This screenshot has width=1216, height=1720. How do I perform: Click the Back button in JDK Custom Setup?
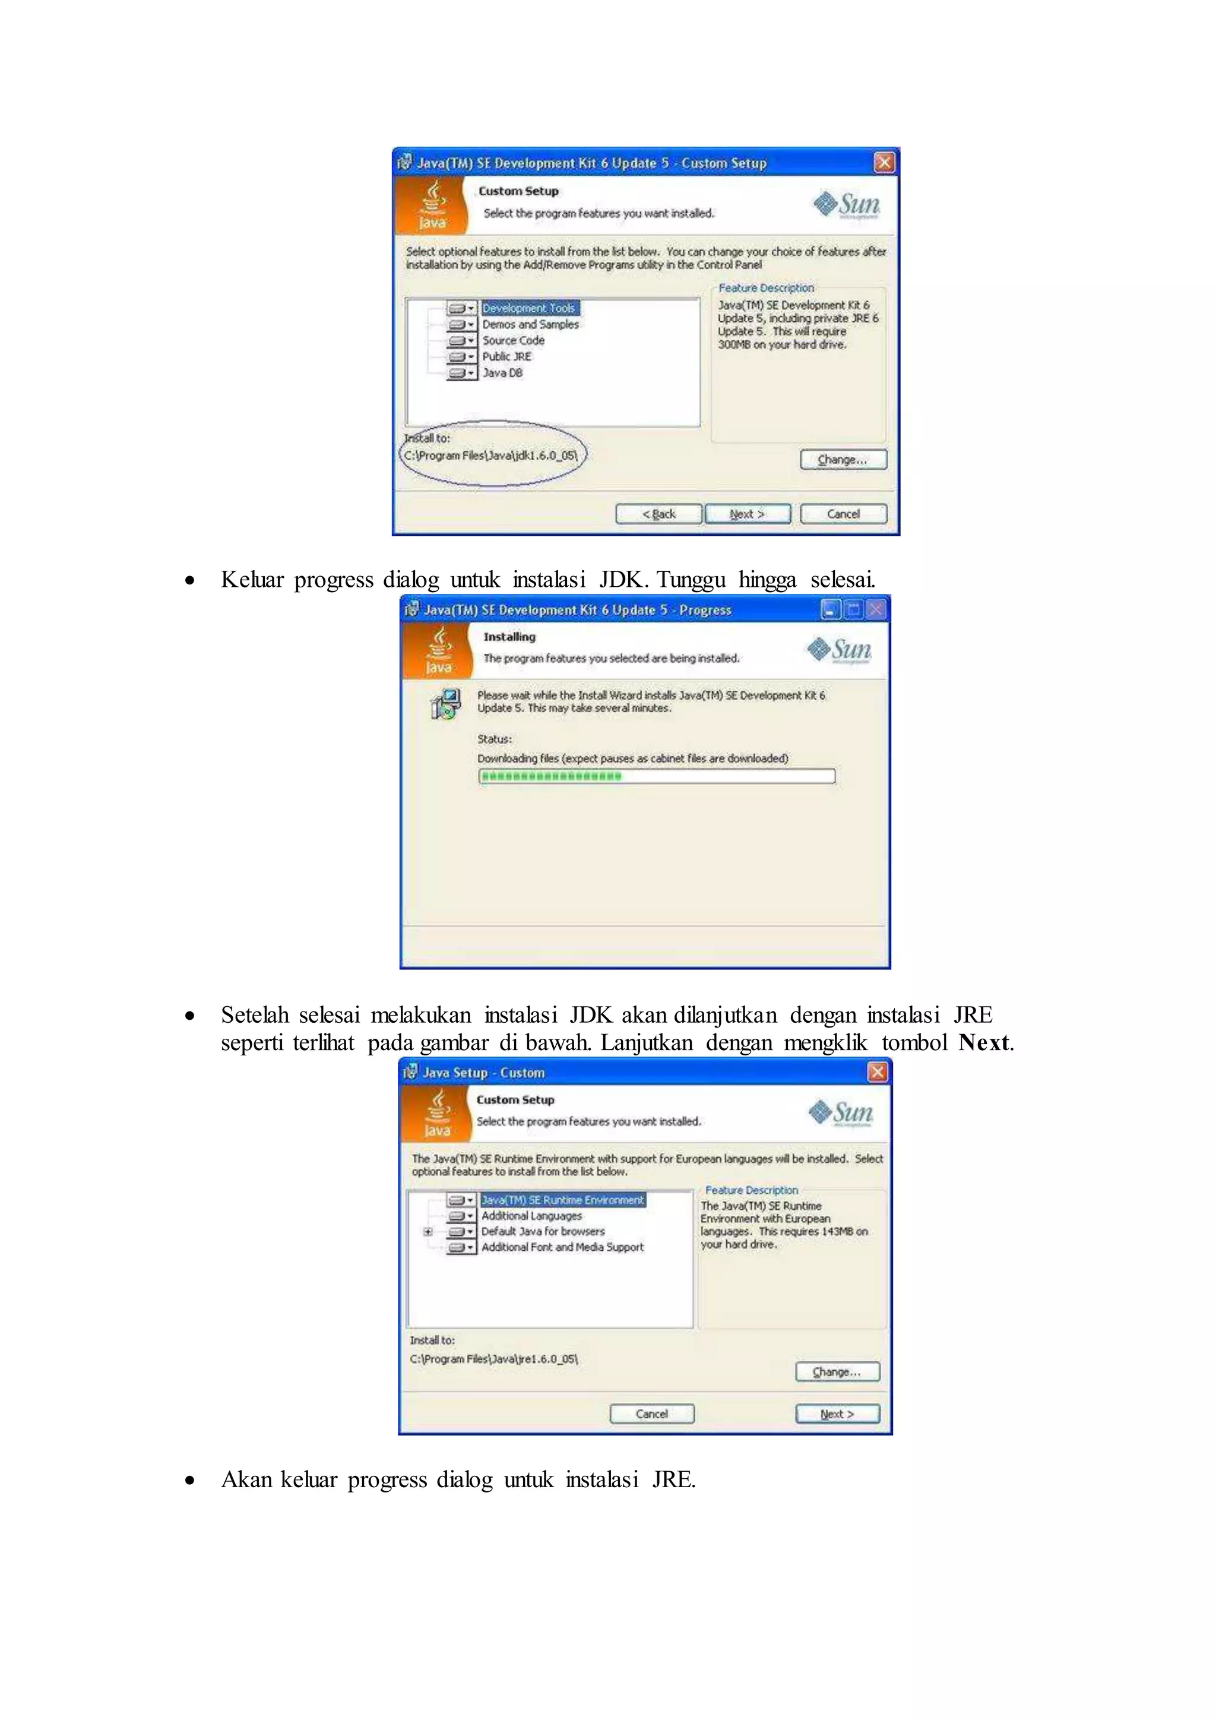658,514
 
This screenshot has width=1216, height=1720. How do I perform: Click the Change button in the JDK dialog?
843,459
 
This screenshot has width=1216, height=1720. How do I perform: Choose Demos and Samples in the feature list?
530,324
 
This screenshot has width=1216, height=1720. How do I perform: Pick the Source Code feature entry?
513,340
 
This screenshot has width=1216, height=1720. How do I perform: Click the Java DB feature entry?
502,372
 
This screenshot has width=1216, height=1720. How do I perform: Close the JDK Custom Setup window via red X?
883,163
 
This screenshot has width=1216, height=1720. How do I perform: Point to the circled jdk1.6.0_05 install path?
491,456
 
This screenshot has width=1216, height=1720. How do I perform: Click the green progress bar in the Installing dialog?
656,776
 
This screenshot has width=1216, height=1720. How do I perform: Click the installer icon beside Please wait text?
445,704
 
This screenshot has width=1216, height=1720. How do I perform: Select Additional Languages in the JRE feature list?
531,1216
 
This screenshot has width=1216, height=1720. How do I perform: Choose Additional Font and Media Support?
562,1247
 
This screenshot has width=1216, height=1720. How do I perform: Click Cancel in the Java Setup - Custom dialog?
651,1414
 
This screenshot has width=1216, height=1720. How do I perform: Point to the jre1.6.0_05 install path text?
493,1358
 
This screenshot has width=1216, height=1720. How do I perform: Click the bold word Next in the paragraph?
983,1042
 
